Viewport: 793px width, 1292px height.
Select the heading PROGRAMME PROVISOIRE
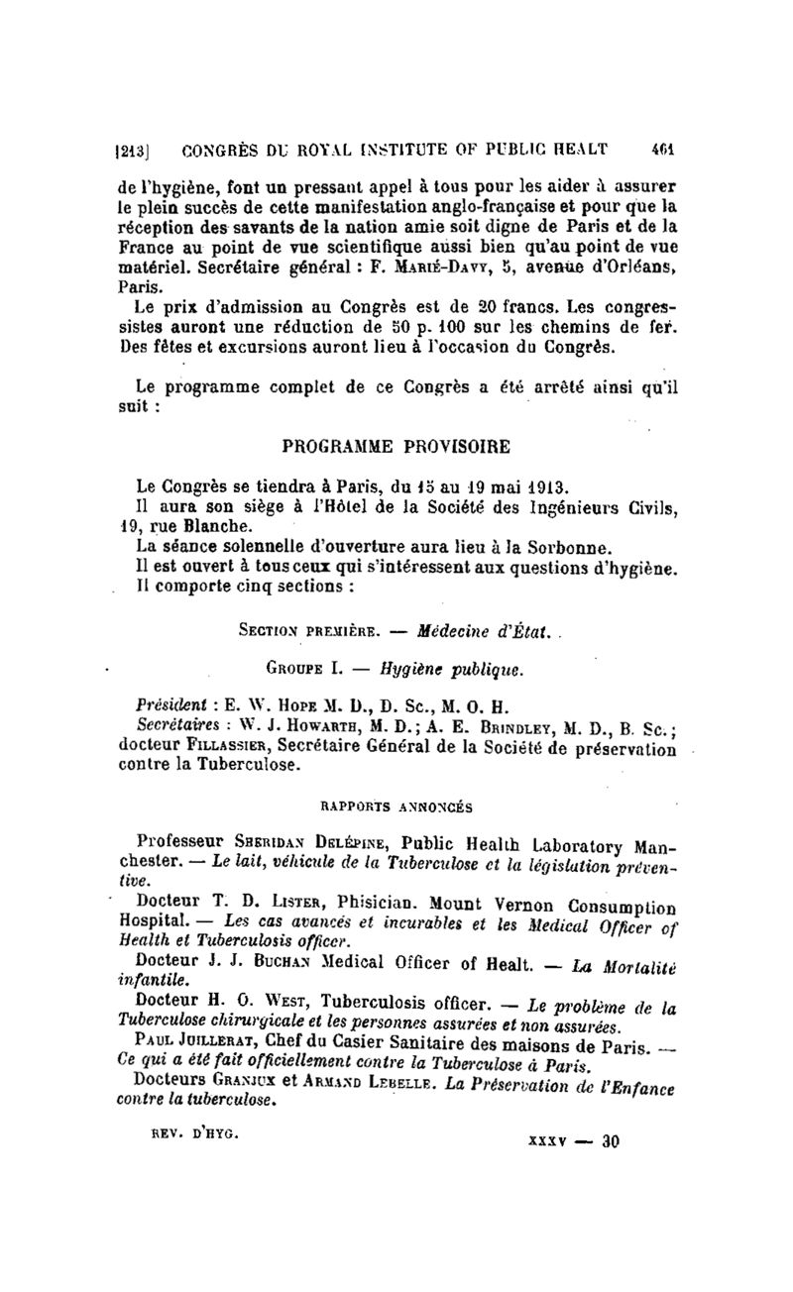pyautogui.click(x=396, y=447)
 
